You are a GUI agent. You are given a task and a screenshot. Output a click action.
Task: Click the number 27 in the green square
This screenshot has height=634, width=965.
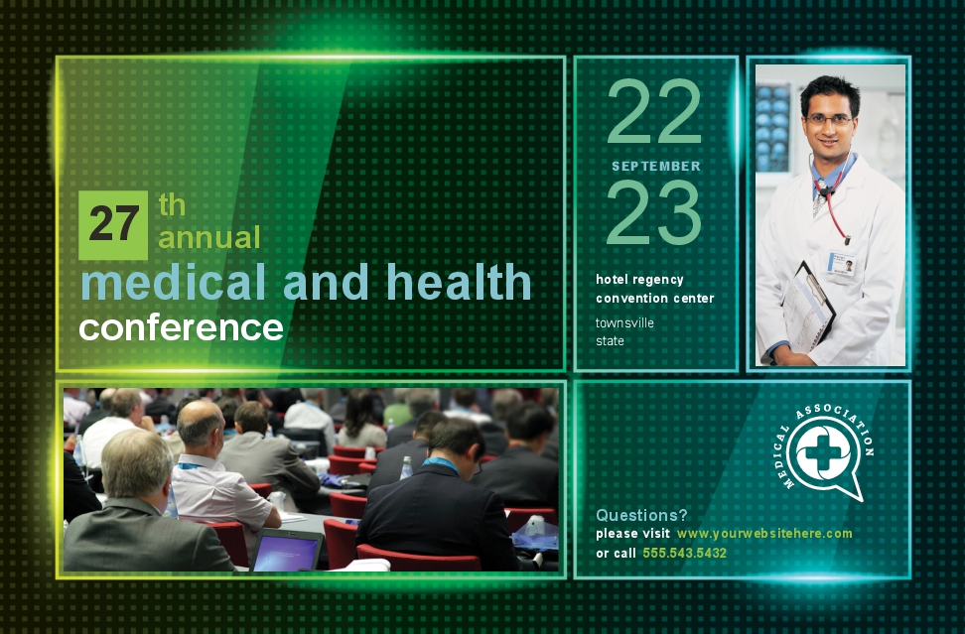tap(114, 223)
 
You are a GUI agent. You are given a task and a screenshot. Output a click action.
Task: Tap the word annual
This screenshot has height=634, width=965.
tap(209, 238)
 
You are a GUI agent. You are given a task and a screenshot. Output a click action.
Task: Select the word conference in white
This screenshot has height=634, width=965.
tap(181, 327)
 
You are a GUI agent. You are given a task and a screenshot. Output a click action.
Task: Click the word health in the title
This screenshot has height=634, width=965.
tap(459, 282)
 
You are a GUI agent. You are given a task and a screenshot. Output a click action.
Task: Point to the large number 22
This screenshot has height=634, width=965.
tap(653, 111)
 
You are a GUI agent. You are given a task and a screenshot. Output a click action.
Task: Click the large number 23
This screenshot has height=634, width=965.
tap(653, 212)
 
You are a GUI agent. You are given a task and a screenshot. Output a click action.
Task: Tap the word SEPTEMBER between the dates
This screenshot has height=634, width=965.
tap(656, 166)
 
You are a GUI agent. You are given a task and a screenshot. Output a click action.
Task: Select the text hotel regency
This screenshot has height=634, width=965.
tap(639, 280)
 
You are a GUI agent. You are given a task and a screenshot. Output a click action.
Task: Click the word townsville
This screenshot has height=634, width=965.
tap(624, 322)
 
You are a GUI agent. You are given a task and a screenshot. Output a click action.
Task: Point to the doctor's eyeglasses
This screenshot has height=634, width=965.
tap(828, 120)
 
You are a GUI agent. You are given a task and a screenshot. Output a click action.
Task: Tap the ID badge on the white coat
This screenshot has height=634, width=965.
tap(841, 263)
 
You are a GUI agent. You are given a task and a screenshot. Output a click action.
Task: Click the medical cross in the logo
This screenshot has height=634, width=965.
tap(823, 453)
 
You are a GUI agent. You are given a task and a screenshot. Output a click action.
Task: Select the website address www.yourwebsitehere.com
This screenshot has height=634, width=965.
tap(764, 534)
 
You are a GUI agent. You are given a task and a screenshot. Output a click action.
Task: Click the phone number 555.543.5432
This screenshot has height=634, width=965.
tap(684, 553)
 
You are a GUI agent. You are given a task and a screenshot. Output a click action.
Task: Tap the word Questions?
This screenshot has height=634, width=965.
tap(641, 515)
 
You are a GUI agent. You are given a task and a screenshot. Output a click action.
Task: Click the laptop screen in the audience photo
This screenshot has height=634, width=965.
tap(285, 553)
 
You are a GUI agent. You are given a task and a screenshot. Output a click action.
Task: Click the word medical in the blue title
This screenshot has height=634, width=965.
tap(173, 282)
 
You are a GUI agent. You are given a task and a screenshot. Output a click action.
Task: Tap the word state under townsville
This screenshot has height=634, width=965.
tap(610, 341)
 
